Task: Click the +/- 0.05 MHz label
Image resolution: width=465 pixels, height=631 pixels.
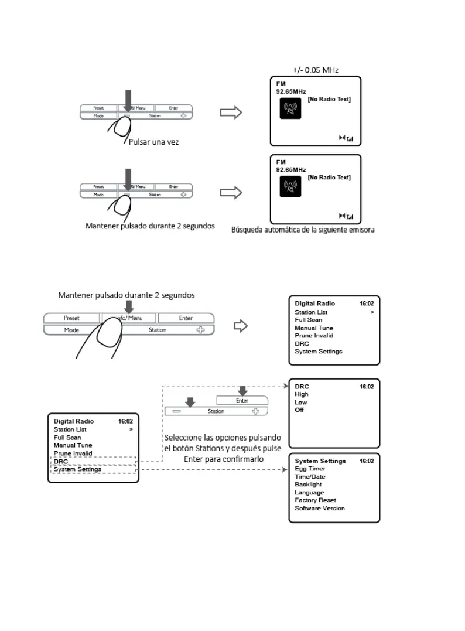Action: click(x=315, y=70)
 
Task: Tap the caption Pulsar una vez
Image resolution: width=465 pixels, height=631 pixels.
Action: click(x=154, y=142)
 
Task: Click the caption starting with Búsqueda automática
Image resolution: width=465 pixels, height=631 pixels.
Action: click(x=302, y=230)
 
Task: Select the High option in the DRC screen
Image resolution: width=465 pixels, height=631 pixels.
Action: click(x=302, y=394)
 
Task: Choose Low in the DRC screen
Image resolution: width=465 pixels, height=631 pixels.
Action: click(x=301, y=403)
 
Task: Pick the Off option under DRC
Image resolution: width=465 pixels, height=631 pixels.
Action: click(x=299, y=410)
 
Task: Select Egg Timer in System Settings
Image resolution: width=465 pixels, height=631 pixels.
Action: click(x=310, y=469)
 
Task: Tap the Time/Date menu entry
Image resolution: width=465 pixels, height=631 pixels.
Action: click(x=310, y=477)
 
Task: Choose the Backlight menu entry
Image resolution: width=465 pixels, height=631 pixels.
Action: click(x=308, y=485)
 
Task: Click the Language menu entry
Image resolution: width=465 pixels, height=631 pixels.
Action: click(x=309, y=493)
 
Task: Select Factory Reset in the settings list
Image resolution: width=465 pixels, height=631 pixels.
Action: click(x=315, y=500)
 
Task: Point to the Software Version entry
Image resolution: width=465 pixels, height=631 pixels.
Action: click(x=320, y=509)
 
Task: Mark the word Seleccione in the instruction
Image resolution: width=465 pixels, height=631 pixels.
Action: click(x=183, y=438)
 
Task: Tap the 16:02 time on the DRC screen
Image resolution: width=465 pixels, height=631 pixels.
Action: click(x=367, y=387)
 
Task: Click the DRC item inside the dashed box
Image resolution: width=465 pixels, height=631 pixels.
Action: click(x=61, y=462)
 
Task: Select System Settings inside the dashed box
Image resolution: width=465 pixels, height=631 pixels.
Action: click(x=77, y=469)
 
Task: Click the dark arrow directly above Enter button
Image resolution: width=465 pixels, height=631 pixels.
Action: click(x=242, y=390)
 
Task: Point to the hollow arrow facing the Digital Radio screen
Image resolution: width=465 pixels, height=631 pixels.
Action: click(x=241, y=326)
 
